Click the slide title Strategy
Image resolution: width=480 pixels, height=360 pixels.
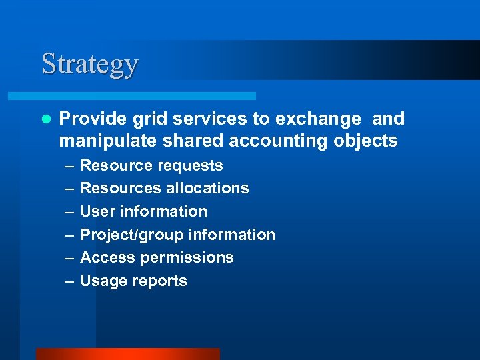(x=89, y=64)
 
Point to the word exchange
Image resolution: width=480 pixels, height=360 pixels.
(x=321, y=119)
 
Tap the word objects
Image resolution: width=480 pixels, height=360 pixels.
(x=367, y=141)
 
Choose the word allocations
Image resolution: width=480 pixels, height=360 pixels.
(x=207, y=189)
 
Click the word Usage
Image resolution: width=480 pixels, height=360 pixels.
(x=103, y=281)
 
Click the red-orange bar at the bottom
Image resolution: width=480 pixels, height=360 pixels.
(x=127, y=354)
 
